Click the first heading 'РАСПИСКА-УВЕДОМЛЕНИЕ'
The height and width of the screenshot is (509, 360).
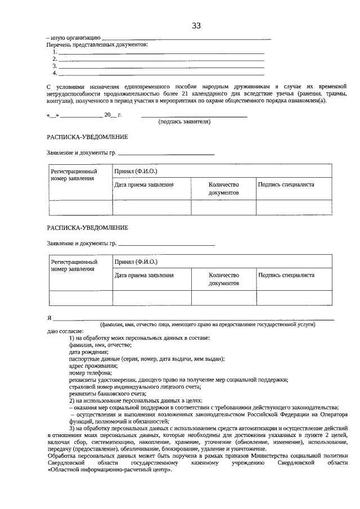point(87,137)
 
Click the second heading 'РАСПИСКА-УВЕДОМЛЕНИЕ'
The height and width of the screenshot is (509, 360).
point(87,227)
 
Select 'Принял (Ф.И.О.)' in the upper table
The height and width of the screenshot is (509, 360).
point(136,170)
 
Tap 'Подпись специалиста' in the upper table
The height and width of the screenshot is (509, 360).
point(286,184)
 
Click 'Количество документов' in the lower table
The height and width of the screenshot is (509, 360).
point(224,280)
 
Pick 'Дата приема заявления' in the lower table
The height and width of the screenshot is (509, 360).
point(144,276)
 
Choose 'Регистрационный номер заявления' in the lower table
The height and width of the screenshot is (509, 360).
point(74,265)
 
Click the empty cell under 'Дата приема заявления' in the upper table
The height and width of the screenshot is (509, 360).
point(152,208)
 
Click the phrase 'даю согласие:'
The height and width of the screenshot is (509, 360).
point(65,331)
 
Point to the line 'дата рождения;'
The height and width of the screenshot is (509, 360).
point(88,352)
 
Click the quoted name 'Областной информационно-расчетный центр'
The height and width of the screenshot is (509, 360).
point(108,470)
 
